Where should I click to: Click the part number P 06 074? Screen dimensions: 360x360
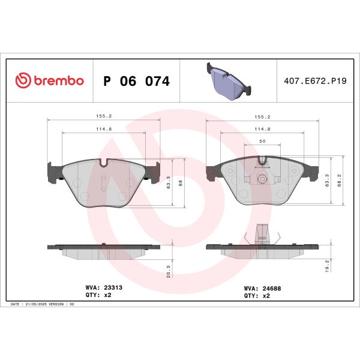point(136,81)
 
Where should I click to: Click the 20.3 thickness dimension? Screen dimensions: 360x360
point(169,272)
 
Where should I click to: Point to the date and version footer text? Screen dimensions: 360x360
point(43,304)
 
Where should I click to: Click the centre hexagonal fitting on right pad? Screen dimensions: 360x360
point(262,178)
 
